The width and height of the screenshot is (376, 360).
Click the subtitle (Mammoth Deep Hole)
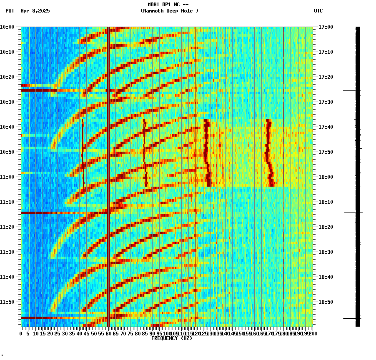[169, 11]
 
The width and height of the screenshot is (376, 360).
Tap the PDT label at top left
[10, 11]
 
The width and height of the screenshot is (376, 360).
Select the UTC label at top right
[318, 11]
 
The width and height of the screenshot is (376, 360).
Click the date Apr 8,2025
[35, 11]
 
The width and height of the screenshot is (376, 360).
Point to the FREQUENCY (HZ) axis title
[172, 338]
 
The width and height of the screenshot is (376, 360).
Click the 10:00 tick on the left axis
[7, 27]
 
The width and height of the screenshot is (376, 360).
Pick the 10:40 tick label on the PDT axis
[7, 127]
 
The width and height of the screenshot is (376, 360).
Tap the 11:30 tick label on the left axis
[7, 252]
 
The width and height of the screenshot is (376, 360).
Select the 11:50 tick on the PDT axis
[7, 302]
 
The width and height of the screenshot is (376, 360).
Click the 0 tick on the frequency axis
[21, 333]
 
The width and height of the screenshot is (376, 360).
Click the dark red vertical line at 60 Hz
[108, 167]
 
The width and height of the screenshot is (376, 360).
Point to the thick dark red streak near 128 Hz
[206, 152]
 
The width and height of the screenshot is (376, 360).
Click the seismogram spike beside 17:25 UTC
[353, 90]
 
